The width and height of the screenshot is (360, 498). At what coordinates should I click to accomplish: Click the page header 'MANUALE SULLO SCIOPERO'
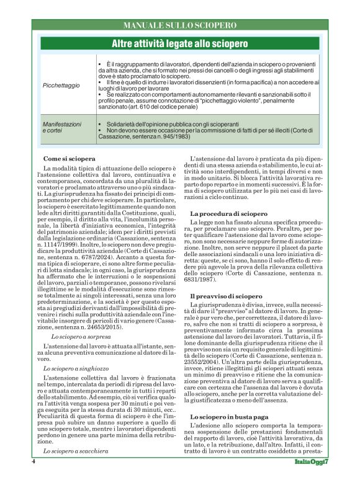[x=180, y=25]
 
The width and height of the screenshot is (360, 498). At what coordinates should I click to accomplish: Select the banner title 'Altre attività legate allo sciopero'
[x=179, y=44]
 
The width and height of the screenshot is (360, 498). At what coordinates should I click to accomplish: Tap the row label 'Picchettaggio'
[x=61, y=85]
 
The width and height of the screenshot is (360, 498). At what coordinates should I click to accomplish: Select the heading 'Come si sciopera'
[x=70, y=159]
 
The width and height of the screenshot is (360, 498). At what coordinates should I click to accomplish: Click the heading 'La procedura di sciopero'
[x=228, y=213]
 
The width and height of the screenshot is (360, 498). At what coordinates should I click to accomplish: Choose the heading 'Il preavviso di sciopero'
[x=226, y=297]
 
